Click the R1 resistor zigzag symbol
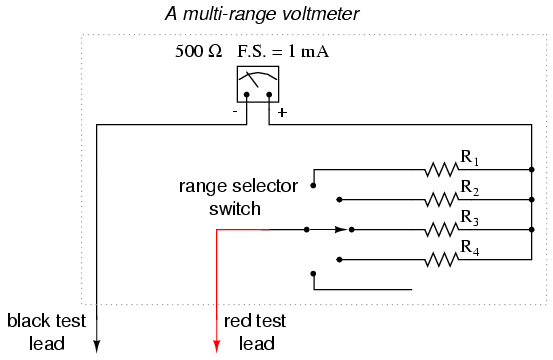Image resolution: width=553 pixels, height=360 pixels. click(x=442, y=170)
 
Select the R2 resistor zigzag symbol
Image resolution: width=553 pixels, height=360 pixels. click(x=442, y=200)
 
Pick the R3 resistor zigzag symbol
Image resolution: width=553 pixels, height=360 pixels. click(x=442, y=230)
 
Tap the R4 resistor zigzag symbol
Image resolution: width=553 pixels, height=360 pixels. click(x=442, y=260)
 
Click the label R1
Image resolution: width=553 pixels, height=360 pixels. click(x=470, y=158)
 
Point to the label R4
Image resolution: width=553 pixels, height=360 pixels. click(x=470, y=248)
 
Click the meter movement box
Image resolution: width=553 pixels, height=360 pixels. click(x=258, y=84)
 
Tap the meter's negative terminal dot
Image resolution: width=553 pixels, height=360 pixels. click(x=247, y=94)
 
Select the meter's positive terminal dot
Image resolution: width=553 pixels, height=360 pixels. click(x=269, y=94)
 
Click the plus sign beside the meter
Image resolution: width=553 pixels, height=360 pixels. click(x=282, y=112)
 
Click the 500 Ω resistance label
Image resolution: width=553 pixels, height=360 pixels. click(x=199, y=51)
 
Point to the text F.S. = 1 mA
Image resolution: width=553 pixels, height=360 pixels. click(x=283, y=51)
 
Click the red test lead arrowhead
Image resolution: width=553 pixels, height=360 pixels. click(x=217, y=346)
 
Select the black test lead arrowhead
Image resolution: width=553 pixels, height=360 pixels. click(x=97, y=346)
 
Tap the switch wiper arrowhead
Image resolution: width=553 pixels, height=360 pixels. click(x=341, y=230)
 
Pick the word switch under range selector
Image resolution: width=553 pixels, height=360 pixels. click(x=235, y=208)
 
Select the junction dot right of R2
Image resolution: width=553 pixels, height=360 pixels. click(x=532, y=200)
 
